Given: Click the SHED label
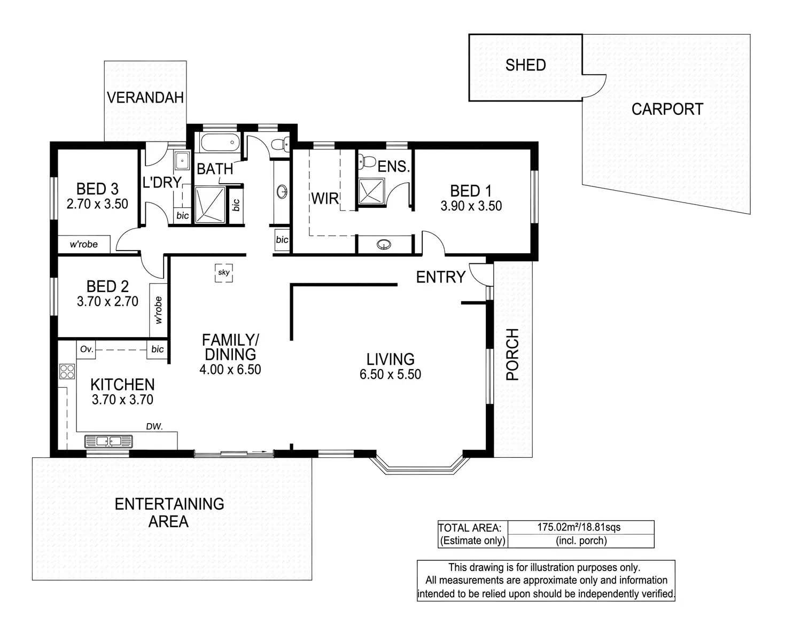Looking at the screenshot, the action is pos(525,65).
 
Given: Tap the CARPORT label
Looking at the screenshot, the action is pos(667,109).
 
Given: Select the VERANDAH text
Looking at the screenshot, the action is pos(145,97).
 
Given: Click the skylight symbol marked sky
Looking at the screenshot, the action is pos(223,272).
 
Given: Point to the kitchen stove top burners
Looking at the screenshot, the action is pos(67,371).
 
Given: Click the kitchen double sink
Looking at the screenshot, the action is pos(108,442).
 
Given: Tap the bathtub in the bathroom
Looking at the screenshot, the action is pos(219,143).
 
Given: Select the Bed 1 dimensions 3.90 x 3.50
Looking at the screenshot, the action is pos(471,206).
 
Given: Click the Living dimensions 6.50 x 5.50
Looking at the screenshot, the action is pos(390,374).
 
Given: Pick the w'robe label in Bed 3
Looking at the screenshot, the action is pos(84,244).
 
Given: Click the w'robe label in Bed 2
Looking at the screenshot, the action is pos(158,310).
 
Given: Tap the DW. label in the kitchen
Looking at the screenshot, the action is pos(154,426).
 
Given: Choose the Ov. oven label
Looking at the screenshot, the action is pos(87,349).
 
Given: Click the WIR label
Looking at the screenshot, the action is pos(325,199).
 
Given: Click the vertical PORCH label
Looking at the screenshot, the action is pos(512,354).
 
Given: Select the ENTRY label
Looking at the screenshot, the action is pos(441,277).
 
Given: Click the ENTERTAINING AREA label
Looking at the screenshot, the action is pos(169,512).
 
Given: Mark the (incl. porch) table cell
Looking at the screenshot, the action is pos(581,541).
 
